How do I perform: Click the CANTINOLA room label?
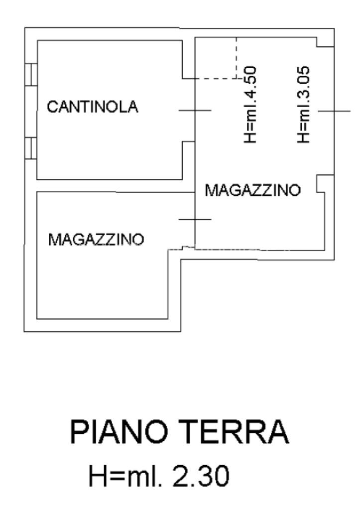(x=93, y=107)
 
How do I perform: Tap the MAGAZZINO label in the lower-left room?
(x=96, y=240)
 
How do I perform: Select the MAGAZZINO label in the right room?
(x=253, y=190)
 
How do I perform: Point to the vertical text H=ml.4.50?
(x=250, y=104)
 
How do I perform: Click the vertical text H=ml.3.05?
(x=304, y=105)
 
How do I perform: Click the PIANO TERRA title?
(x=179, y=432)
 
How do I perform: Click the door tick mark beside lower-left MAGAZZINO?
(x=195, y=219)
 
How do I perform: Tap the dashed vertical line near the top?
(x=237, y=57)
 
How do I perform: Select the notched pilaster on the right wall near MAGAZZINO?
(x=322, y=185)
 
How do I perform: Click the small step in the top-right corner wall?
(x=325, y=42)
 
